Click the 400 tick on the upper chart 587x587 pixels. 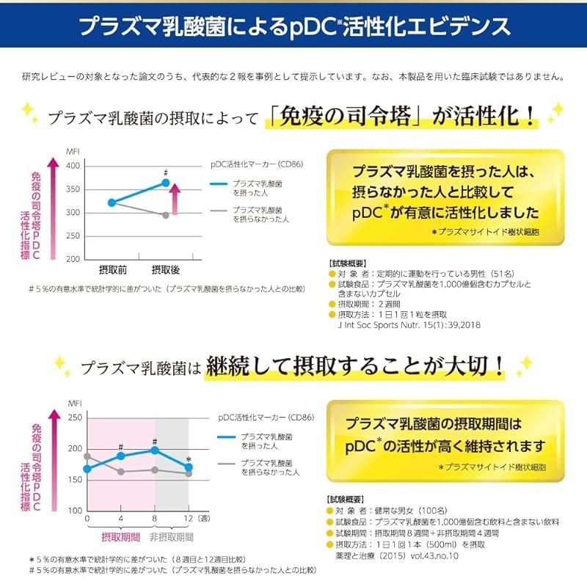[73, 166]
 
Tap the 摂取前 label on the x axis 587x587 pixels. [112, 270]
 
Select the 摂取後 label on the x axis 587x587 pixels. [165, 270]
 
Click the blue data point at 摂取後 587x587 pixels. [166, 183]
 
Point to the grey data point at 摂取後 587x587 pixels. [166, 215]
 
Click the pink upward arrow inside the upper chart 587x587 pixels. [175, 197]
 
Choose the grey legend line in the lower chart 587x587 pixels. [227, 464]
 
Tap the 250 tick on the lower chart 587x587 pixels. [74, 417]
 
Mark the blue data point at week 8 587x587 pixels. [155, 450]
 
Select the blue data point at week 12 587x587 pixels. [189, 467]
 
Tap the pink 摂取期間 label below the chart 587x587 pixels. [121, 537]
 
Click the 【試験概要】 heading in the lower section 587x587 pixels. [347, 499]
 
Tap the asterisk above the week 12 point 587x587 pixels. [189, 459]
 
